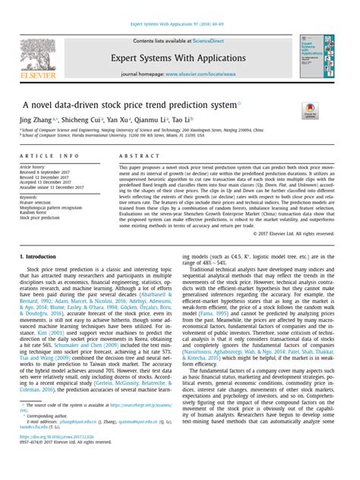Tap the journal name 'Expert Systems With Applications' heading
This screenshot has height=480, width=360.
pyautogui.click(x=182, y=57)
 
